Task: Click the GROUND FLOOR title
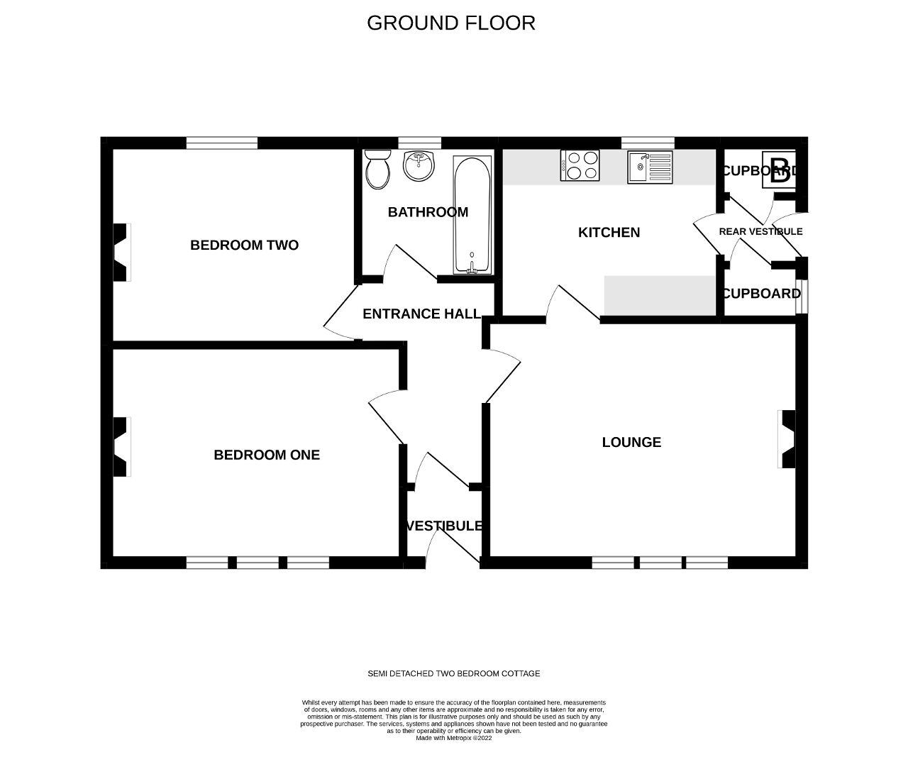451,23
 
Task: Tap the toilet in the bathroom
377,169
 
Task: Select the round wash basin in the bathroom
419,165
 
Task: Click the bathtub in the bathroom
472,216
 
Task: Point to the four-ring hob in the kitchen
580,165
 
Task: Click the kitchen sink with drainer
650,167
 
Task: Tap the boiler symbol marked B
779,169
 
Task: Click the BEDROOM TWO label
244,245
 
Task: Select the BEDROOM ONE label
267,455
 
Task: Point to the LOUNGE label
631,442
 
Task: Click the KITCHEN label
609,233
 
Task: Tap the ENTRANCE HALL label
421,314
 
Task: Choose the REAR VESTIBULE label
761,231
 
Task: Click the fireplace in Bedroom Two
122,252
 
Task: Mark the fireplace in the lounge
786,439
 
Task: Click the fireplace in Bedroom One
122,446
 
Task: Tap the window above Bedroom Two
222,143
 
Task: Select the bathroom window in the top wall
419,143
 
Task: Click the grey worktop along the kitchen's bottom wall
660,295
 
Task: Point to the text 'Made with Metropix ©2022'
454,738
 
